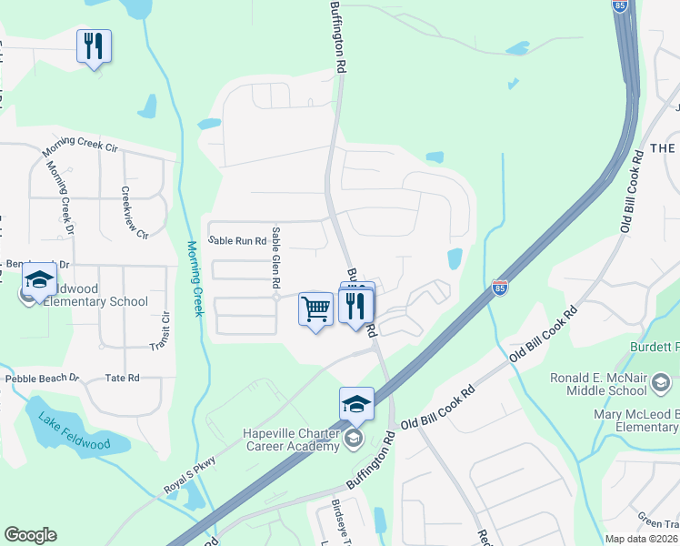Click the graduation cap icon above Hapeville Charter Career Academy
tap(356, 404)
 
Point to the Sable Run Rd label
tap(237, 241)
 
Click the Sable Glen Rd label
tap(276, 259)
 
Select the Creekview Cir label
tap(133, 214)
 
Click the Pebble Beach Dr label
tap(43, 378)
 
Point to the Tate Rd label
tap(122, 378)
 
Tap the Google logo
tap(30, 535)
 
